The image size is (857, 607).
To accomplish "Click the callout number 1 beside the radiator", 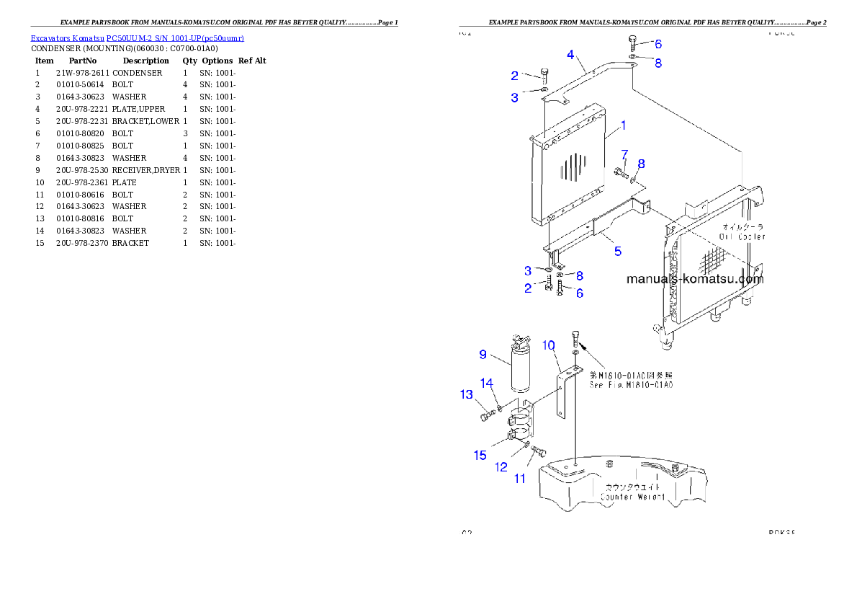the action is (623, 125).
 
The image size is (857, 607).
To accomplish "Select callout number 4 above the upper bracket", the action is (570, 54).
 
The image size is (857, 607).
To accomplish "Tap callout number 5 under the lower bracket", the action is (617, 252).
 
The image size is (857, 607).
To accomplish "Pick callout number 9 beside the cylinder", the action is (484, 354).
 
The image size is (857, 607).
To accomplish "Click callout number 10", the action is (549, 345).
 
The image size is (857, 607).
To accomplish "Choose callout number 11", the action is (519, 478).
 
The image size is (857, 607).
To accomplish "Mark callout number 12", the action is (501, 467).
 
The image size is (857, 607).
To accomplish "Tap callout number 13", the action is (467, 394).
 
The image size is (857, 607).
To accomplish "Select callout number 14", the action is (488, 384).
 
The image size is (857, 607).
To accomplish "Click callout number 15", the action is (480, 455).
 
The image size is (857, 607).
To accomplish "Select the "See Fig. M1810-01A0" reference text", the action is (631, 386).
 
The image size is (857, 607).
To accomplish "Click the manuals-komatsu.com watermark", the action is (694, 279).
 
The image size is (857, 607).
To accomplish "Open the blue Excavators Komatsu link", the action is (137, 37).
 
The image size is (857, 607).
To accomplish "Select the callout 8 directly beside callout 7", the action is (641, 164).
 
